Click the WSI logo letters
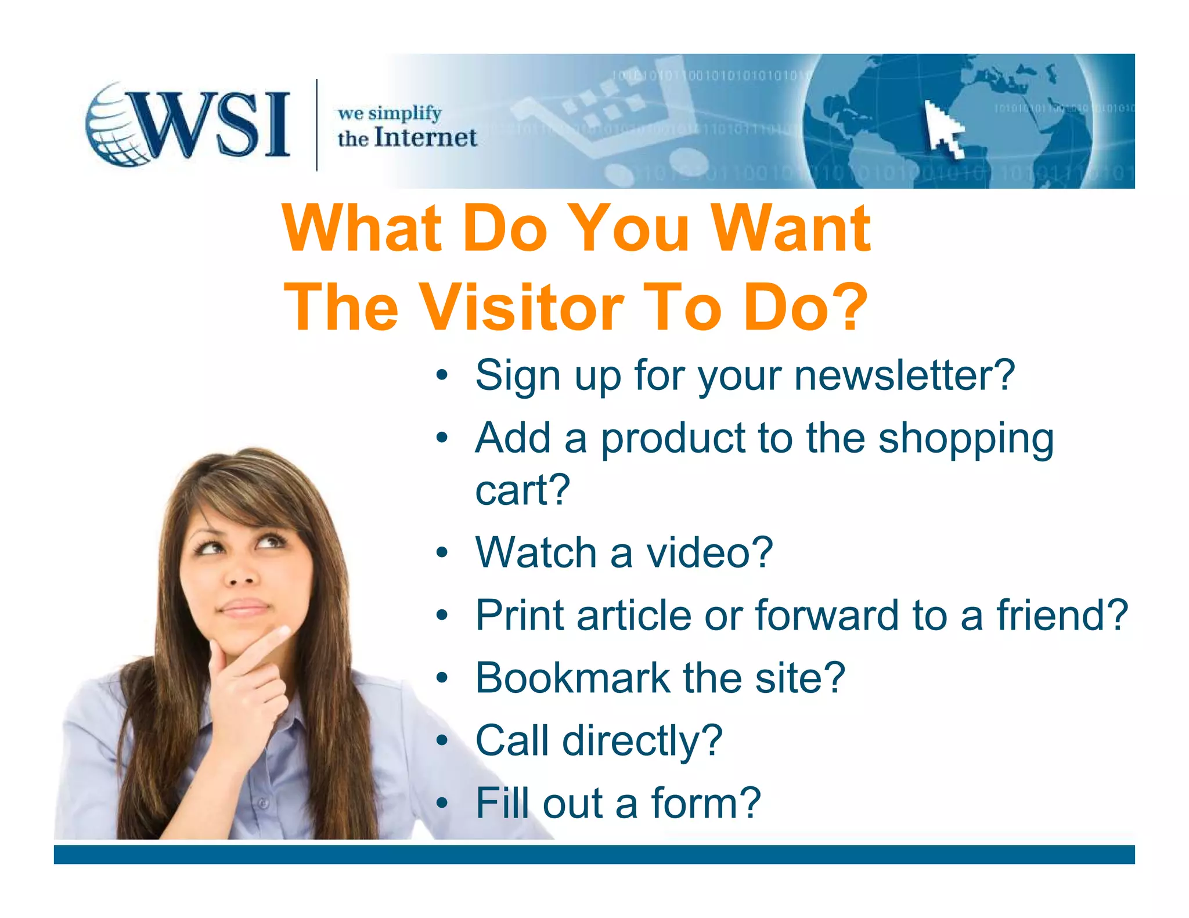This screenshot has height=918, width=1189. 215,125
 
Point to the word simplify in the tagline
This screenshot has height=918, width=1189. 405,113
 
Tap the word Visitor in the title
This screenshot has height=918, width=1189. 523,308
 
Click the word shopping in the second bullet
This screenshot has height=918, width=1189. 965,439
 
